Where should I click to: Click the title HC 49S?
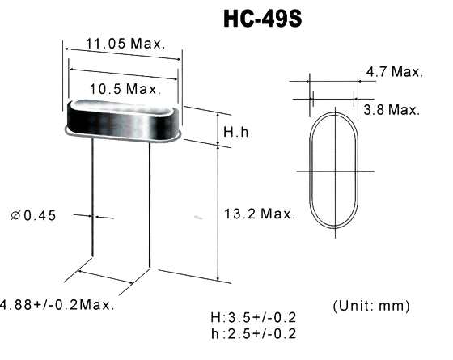(x=262, y=19)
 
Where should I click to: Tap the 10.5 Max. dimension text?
(x=122, y=87)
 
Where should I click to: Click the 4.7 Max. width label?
(x=394, y=72)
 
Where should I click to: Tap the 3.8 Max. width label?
(x=392, y=109)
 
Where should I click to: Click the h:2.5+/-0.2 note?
(x=252, y=333)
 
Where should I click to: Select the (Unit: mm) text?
(x=371, y=306)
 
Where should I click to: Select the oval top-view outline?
(x=311, y=194)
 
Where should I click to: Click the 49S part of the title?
(x=282, y=19)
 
